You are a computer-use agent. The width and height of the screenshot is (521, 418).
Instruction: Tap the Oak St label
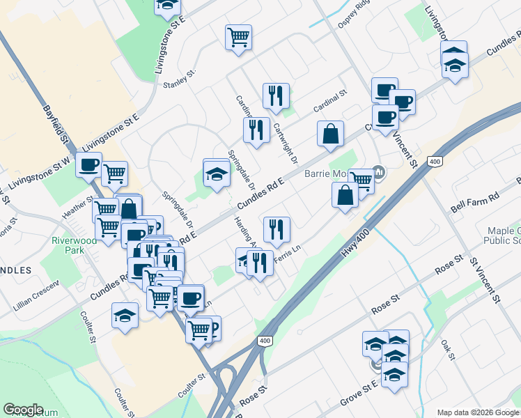(x=447, y=350)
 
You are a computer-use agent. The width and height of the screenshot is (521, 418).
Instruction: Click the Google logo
(x=23, y=410)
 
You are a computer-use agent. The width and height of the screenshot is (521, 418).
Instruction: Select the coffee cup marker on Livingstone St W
(x=88, y=165)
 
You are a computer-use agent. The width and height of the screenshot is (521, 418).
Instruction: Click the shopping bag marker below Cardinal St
(x=330, y=132)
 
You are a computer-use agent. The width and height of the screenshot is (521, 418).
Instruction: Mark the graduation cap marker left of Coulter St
(x=125, y=314)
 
